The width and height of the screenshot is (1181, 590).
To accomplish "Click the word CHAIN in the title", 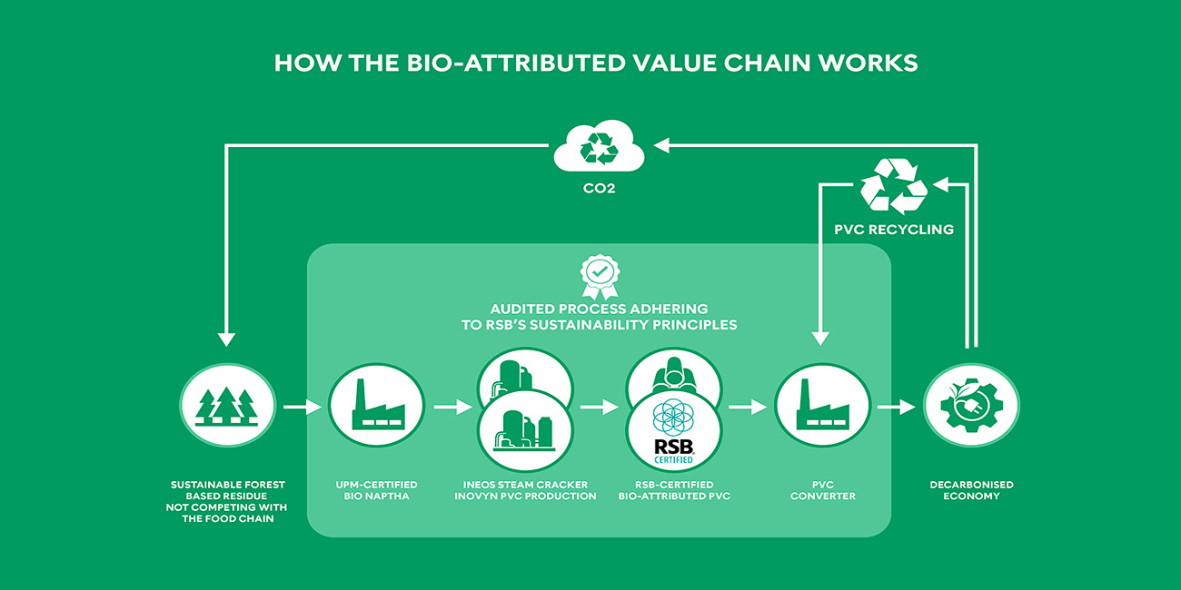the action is (x=767, y=64).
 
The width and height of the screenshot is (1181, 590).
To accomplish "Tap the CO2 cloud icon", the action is (x=599, y=146).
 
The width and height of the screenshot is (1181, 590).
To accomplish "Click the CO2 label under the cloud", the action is (x=600, y=189).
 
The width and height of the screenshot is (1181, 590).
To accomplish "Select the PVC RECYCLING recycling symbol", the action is (x=894, y=185).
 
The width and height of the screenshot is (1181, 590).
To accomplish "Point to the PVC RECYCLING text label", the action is (x=894, y=230).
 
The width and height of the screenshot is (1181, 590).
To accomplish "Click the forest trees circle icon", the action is (x=227, y=406).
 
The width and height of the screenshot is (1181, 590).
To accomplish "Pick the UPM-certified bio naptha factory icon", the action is (x=376, y=406).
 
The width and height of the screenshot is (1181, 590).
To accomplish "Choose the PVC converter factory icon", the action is (x=822, y=406).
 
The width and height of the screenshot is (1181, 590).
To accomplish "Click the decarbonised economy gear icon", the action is (x=972, y=406).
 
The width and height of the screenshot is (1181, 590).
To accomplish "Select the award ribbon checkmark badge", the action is (x=600, y=277).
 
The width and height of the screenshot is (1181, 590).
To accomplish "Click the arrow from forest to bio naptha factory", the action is (x=303, y=407).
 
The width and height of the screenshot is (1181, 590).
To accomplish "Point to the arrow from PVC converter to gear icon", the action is (x=897, y=407).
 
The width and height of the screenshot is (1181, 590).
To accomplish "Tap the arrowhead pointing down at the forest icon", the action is (x=227, y=339).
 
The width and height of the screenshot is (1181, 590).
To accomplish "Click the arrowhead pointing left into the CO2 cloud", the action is (x=661, y=145).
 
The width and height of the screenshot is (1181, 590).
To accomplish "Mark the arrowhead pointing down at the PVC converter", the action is (x=820, y=339).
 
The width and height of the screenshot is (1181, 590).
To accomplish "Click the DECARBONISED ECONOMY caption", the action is (x=972, y=490).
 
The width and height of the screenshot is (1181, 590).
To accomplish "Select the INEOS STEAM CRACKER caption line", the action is (x=525, y=485).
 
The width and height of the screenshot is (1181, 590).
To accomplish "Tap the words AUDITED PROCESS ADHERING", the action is (x=599, y=309).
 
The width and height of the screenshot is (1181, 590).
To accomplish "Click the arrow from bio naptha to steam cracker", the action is (x=453, y=407).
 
